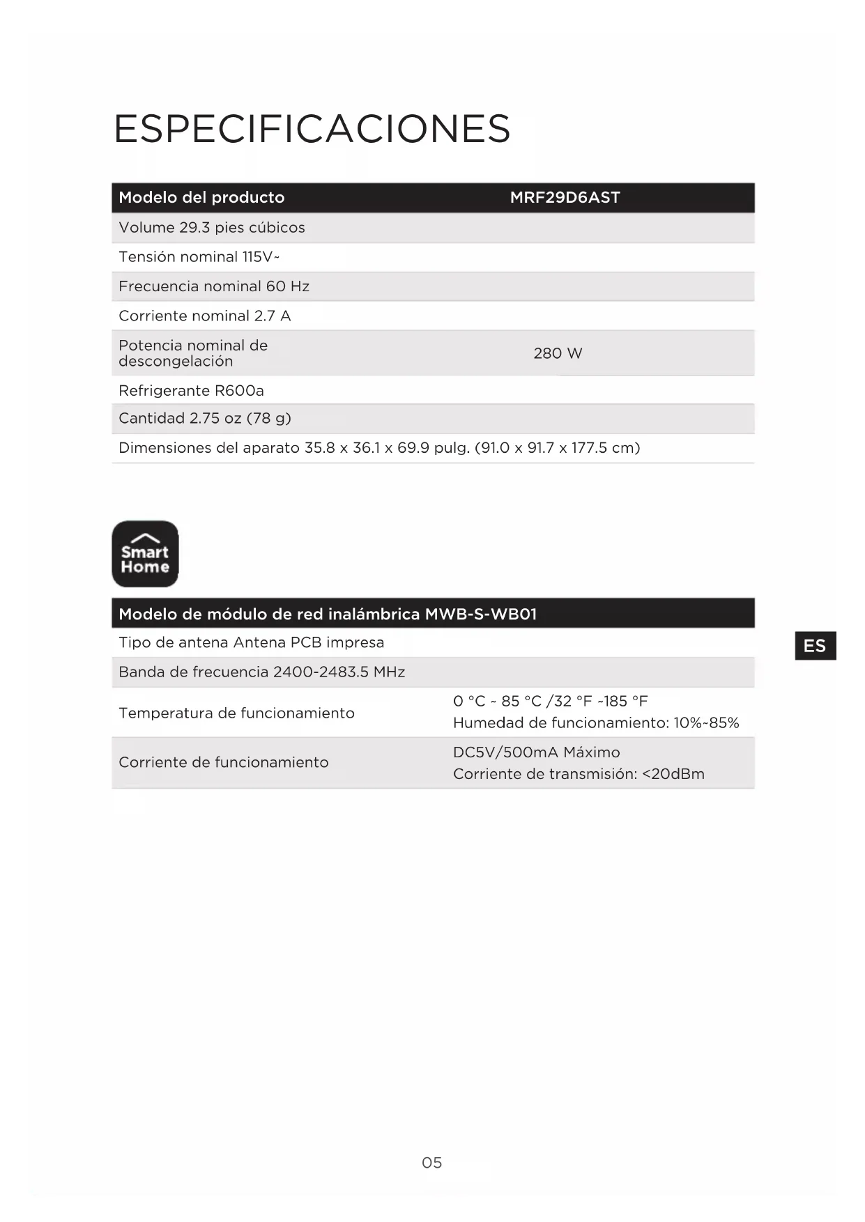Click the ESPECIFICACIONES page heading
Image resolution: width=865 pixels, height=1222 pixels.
point(312,129)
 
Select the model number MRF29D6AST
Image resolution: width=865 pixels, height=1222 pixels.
point(565,197)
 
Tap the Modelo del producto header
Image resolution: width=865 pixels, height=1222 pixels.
point(201,197)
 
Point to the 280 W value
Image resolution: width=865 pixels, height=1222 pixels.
point(558,353)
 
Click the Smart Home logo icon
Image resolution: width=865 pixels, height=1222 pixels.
point(145,554)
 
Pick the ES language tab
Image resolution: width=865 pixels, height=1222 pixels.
point(814,646)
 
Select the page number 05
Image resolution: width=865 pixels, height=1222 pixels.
point(431,1162)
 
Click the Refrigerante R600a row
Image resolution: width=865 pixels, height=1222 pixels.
point(191,390)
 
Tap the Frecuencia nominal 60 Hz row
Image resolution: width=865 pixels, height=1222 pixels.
point(213,286)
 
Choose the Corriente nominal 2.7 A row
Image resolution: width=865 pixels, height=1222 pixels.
point(204,316)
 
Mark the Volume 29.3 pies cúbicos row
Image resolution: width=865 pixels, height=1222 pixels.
point(211,227)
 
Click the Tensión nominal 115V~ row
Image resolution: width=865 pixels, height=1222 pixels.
point(199,257)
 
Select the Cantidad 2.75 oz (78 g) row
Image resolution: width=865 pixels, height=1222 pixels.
point(204,418)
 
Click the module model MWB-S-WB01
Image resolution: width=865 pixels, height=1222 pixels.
point(481,614)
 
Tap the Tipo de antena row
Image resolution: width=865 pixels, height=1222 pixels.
point(251,642)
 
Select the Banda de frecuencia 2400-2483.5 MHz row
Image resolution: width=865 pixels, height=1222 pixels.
point(261,672)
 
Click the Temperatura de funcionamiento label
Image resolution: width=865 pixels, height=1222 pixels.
point(236,713)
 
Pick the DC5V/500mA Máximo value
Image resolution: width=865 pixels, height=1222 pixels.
point(536,752)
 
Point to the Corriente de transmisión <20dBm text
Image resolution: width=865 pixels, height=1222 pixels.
point(579,774)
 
